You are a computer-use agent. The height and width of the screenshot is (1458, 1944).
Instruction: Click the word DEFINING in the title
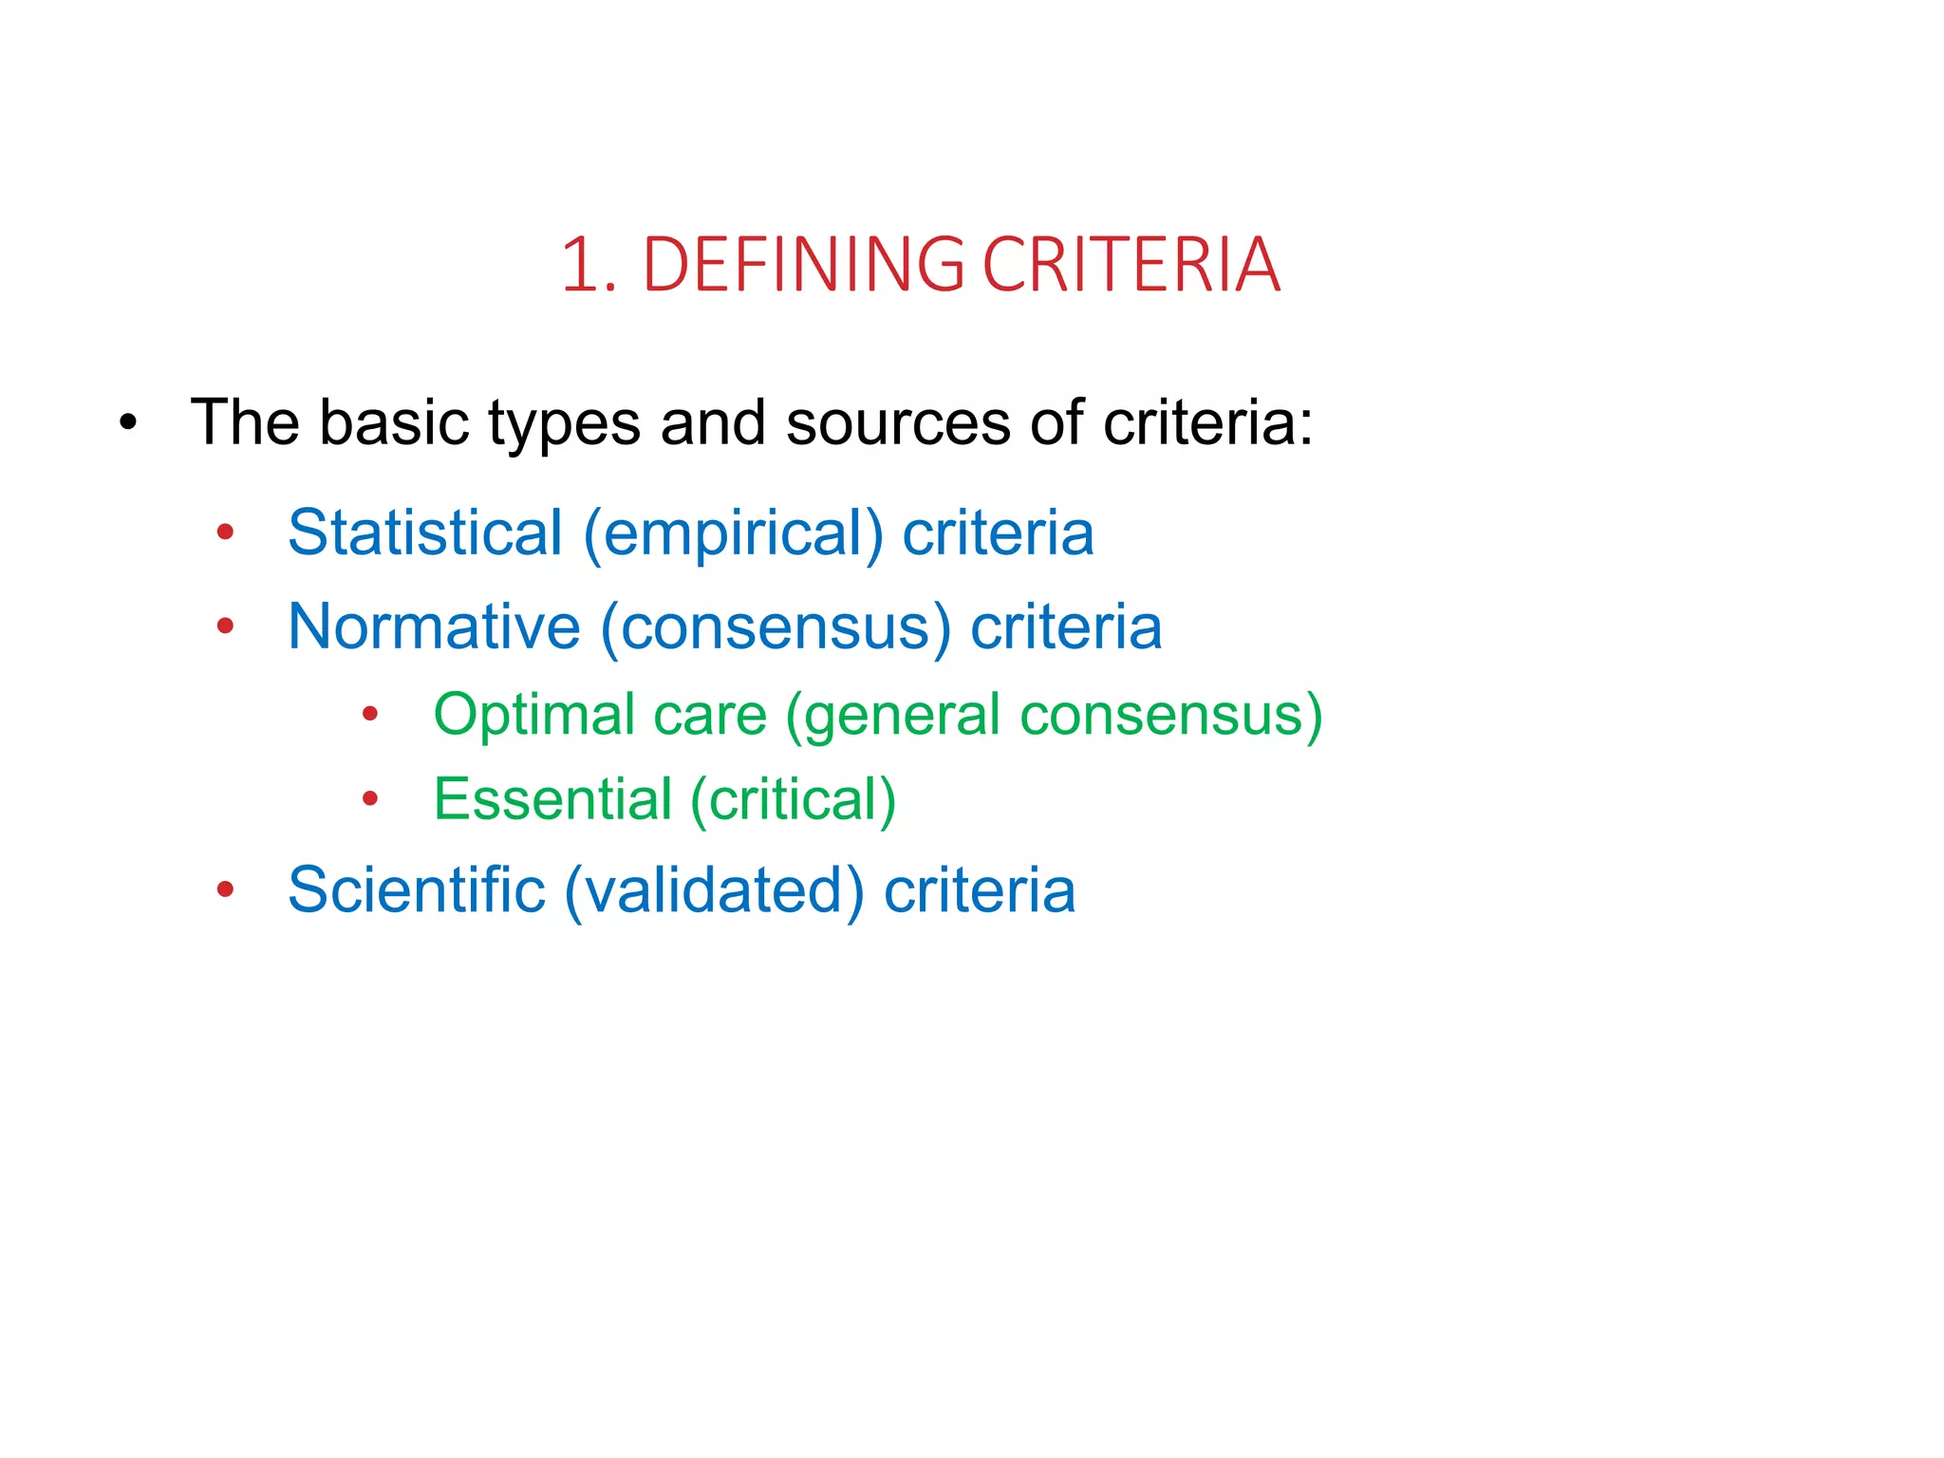point(803,265)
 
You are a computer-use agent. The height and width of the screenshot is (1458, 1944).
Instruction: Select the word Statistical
point(425,533)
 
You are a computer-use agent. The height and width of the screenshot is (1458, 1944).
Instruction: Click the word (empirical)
point(733,533)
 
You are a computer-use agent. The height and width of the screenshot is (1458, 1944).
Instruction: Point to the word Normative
point(434,626)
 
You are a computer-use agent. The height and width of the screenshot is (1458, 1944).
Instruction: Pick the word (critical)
point(794,799)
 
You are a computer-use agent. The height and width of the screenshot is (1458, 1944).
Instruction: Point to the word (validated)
point(714,890)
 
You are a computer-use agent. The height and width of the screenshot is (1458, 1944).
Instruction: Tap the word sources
point(898,422)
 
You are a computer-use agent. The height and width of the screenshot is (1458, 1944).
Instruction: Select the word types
point(564,424)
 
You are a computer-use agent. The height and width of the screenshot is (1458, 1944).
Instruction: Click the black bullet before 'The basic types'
point(129,422)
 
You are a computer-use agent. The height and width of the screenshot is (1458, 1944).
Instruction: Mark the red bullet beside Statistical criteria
point(225,533)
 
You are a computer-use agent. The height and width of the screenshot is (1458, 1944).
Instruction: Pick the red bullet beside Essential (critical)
point(370,799)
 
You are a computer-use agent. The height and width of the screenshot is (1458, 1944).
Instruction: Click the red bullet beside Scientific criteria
point(225,890)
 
